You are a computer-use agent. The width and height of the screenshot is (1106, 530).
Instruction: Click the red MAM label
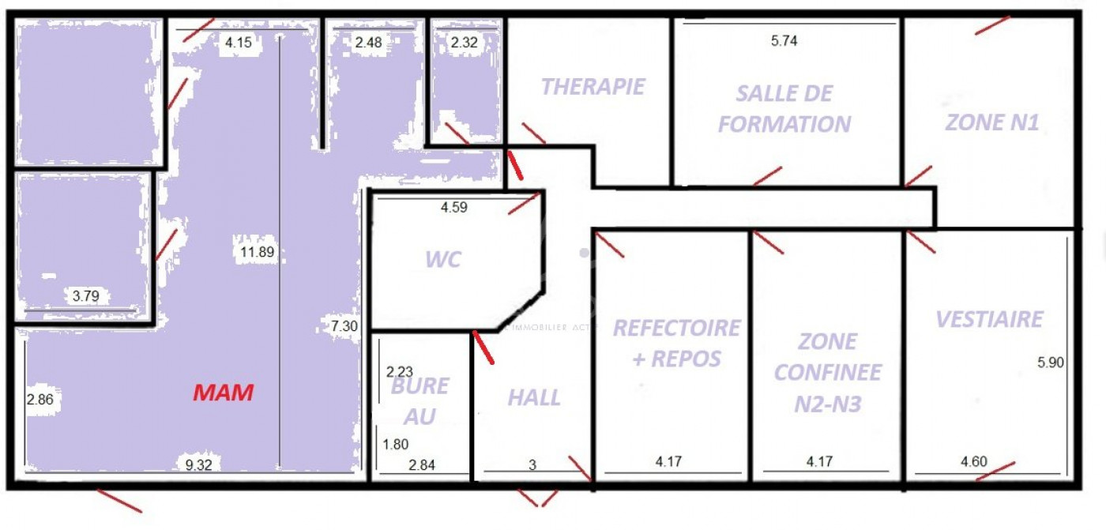(224, 392)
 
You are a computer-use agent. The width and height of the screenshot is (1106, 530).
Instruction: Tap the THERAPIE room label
(593, 86)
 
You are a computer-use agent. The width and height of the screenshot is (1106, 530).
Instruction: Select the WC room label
(442, 260)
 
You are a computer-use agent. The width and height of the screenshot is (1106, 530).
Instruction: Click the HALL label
(534, 397)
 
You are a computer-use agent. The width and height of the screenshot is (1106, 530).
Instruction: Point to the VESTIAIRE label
(989, 319)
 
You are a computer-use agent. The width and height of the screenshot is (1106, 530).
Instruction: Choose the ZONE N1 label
(992, 123)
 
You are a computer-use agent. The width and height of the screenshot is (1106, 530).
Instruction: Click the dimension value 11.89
(254, 252)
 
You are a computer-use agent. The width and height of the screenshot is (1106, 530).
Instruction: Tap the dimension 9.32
(197, 464)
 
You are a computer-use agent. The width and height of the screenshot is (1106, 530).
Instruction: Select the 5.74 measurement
(784, 42)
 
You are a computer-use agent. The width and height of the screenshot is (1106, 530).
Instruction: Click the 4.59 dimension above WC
(454, 209)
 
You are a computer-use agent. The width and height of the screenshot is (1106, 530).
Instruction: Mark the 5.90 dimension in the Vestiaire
(1051, 363)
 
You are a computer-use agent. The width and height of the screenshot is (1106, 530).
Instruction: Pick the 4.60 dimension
(972, 462)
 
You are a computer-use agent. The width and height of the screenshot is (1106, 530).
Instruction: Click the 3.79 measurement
(86, 297)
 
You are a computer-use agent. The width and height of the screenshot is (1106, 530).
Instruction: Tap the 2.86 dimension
(39, 400)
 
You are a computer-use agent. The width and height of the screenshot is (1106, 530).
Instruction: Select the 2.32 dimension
(464, 43)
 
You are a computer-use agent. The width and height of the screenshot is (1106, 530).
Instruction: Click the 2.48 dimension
(369, 43)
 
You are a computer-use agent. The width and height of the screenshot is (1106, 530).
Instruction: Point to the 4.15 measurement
(239, 43)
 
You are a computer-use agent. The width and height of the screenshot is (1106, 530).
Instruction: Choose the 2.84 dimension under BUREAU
(421, 464)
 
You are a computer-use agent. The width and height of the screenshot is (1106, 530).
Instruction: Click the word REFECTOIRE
(677, 328)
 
